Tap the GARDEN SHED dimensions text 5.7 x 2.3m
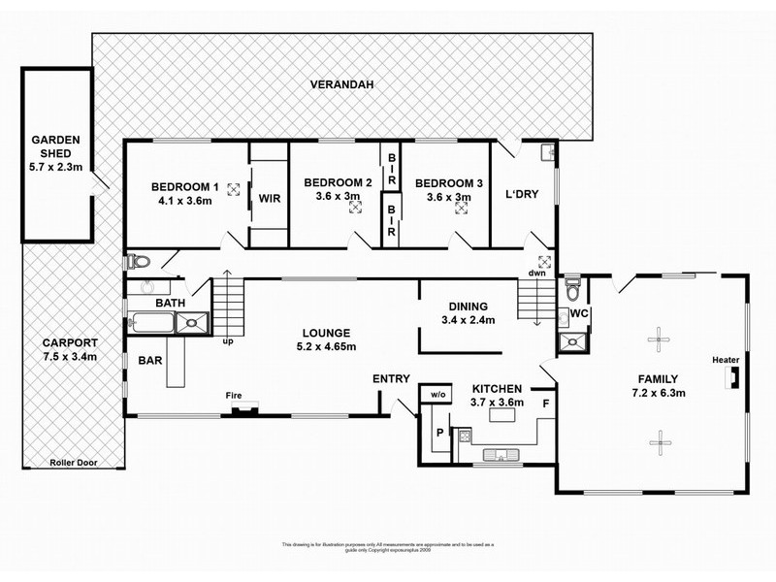[x=58, y=167]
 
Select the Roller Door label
[x=75, y=464]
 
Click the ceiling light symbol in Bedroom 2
[x=352, y=205]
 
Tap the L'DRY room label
[x=522, y=193]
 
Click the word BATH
[x=171, y=304]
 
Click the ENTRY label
[x=391, y=378]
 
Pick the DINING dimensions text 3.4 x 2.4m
[x=468, y=320]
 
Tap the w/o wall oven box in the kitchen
[x=436, y=394]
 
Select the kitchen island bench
[x=501, y=416]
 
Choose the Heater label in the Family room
[x=726, y=360]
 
